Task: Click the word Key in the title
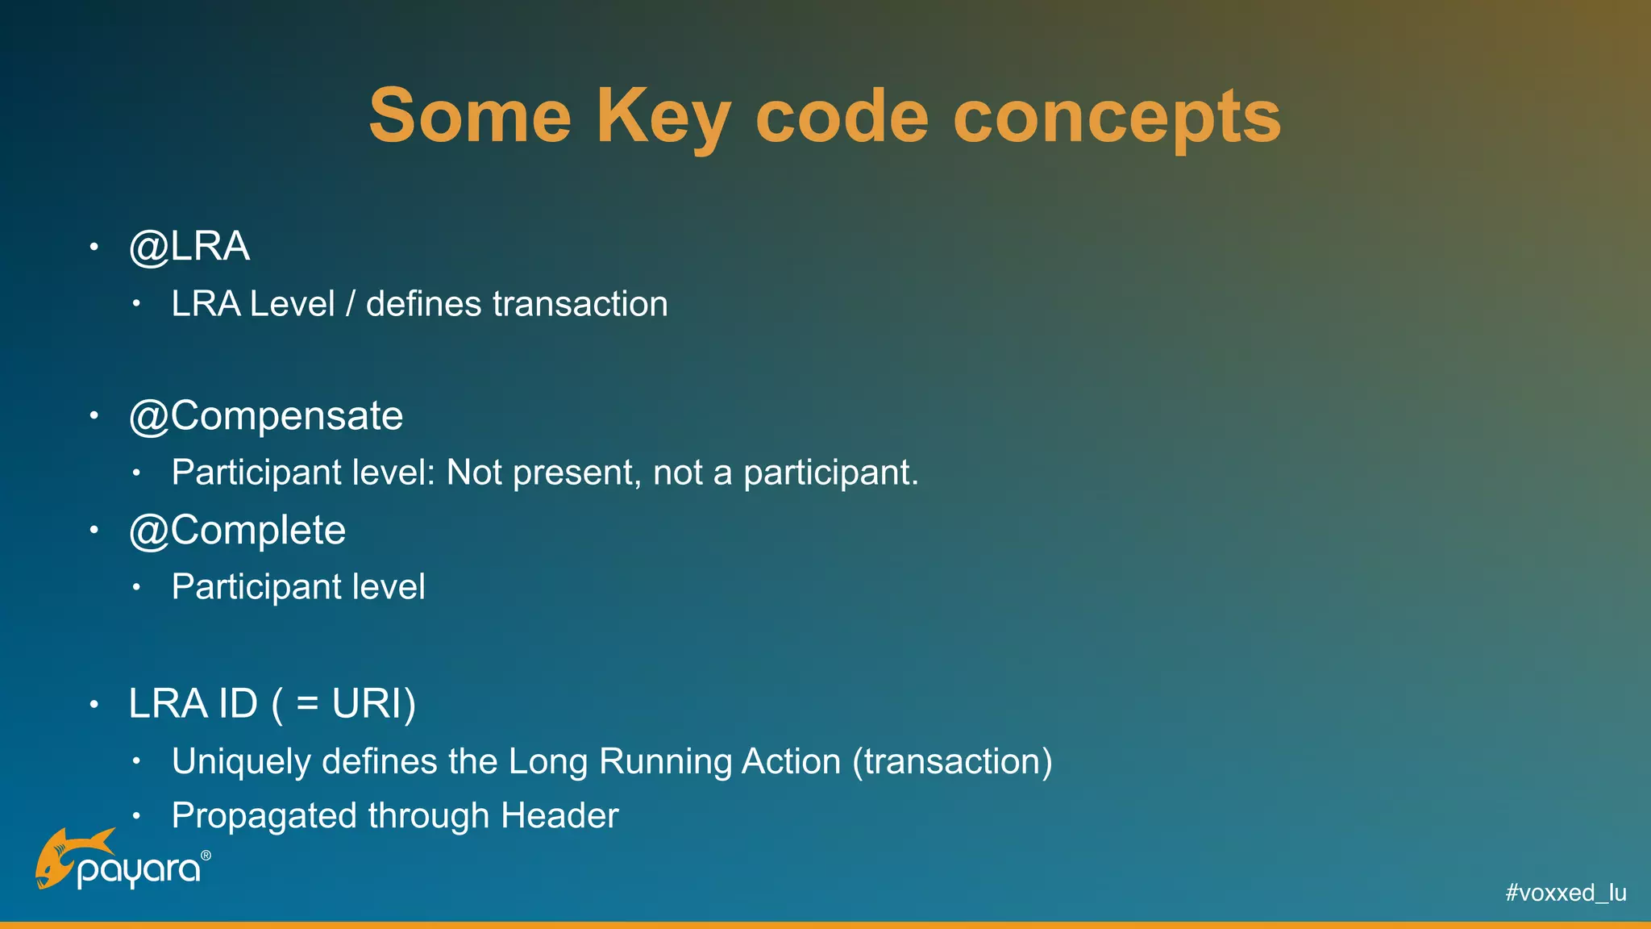tap(663, 117)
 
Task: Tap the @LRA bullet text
tap(189, 246)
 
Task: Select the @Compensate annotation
tap(266, 416)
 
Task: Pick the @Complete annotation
tap(237, 531)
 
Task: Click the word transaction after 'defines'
tap(580, 304)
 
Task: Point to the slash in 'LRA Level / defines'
tap(350, 304)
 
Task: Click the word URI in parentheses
tap(367, 703)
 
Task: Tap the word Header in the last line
tap(559, 815)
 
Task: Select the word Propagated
tap(264, 816)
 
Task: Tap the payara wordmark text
tap(139, 872)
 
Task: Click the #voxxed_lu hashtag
tap(1566, 893)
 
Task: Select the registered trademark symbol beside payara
tap(206, 856)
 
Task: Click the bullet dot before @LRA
tap(94, 246)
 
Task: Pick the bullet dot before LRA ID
tap(94, 704)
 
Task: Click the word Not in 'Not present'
tap(475, 473)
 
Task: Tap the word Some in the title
tap(470, 117)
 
